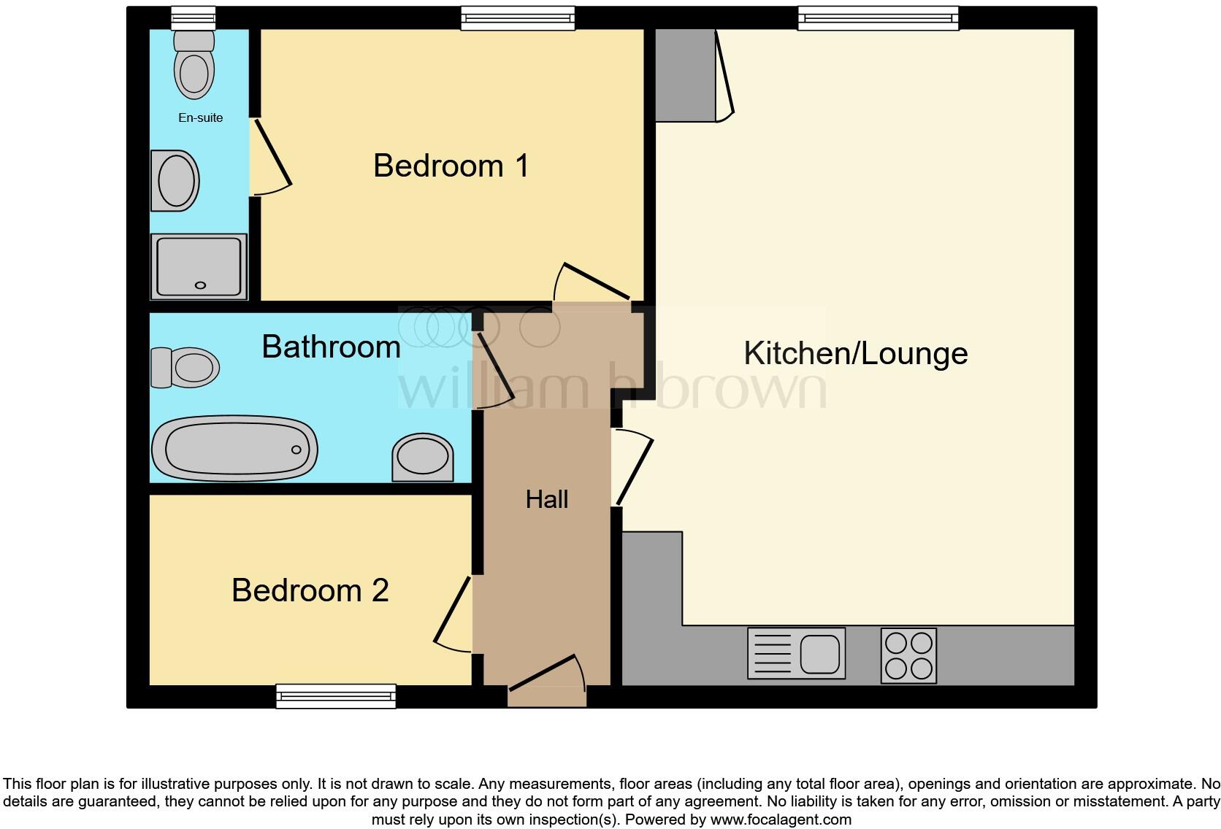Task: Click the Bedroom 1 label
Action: point(451,166)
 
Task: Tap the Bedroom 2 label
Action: point(310,590)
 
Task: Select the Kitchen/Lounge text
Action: point(855,353)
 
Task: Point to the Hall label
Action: point(546,499)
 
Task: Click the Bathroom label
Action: point(331,347)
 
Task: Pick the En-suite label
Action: point(200,117)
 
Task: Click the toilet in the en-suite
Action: point(194,66)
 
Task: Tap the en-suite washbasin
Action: point(176,180)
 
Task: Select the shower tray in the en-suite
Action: point(199,266)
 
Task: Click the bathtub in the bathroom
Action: point(234,448)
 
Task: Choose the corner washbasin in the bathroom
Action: point(422,458)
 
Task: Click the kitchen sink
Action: point(796,653)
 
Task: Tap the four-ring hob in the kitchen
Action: point(908,655)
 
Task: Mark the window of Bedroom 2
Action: point(336,696)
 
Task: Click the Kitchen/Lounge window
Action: point(878,18)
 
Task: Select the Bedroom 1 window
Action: point(518,18)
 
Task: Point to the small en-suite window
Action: point(194,18)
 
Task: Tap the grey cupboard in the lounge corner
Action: point(685,75)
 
